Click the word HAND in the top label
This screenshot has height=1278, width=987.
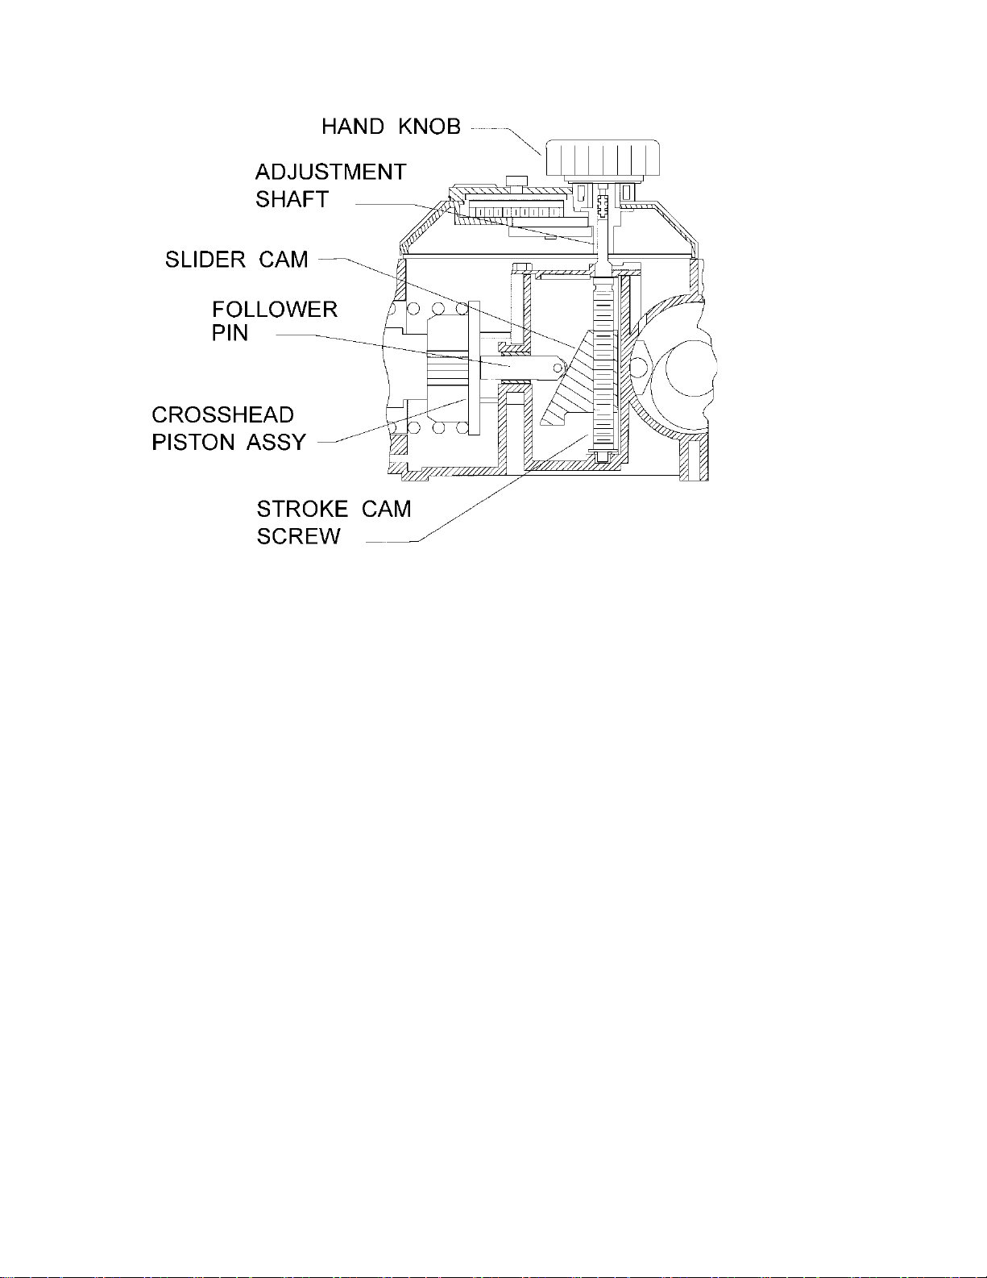[x=353, y=127]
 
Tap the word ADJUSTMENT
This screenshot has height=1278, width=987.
[x=331, y=172]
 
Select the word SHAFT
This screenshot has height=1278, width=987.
[x=292, y=199]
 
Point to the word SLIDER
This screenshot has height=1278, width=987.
[x=205, y=260]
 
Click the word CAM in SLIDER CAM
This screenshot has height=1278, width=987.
[x=283, y=260]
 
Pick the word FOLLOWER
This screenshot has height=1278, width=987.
[x=275, y=310]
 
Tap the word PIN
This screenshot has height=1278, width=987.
[x=230, y=333]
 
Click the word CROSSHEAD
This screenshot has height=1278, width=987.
[x=222, y=415]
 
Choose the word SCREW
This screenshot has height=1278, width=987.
[x=298, y=536]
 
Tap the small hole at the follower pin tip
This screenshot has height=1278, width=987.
[x=558, y=368]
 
